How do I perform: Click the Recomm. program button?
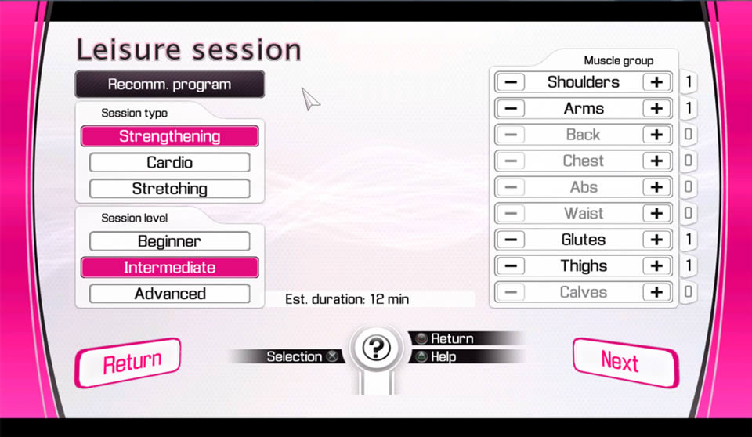(x=169, y=85)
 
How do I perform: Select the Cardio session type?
(x=169, y=163)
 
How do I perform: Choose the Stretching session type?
(x=169, y=189)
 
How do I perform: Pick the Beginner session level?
(x=169, y=241)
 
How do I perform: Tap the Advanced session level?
(x=169, y=294)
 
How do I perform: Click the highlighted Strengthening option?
(x=170, y=136)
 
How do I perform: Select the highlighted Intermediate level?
(x=170, y=268)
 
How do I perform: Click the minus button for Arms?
(x=511, y=108)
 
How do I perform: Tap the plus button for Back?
(x=656, y=135)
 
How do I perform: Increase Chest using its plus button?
(x=656, y=161)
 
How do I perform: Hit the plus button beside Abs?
(x=656, y=187)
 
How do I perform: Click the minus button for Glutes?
(x=511, y=240)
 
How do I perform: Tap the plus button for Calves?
(x=656, y=292)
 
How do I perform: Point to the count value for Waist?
(x=689, y=213)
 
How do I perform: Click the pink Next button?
(x=625, y=363)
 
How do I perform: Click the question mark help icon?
(x=376, y=348)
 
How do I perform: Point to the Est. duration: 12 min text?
(x=347, y=299)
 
